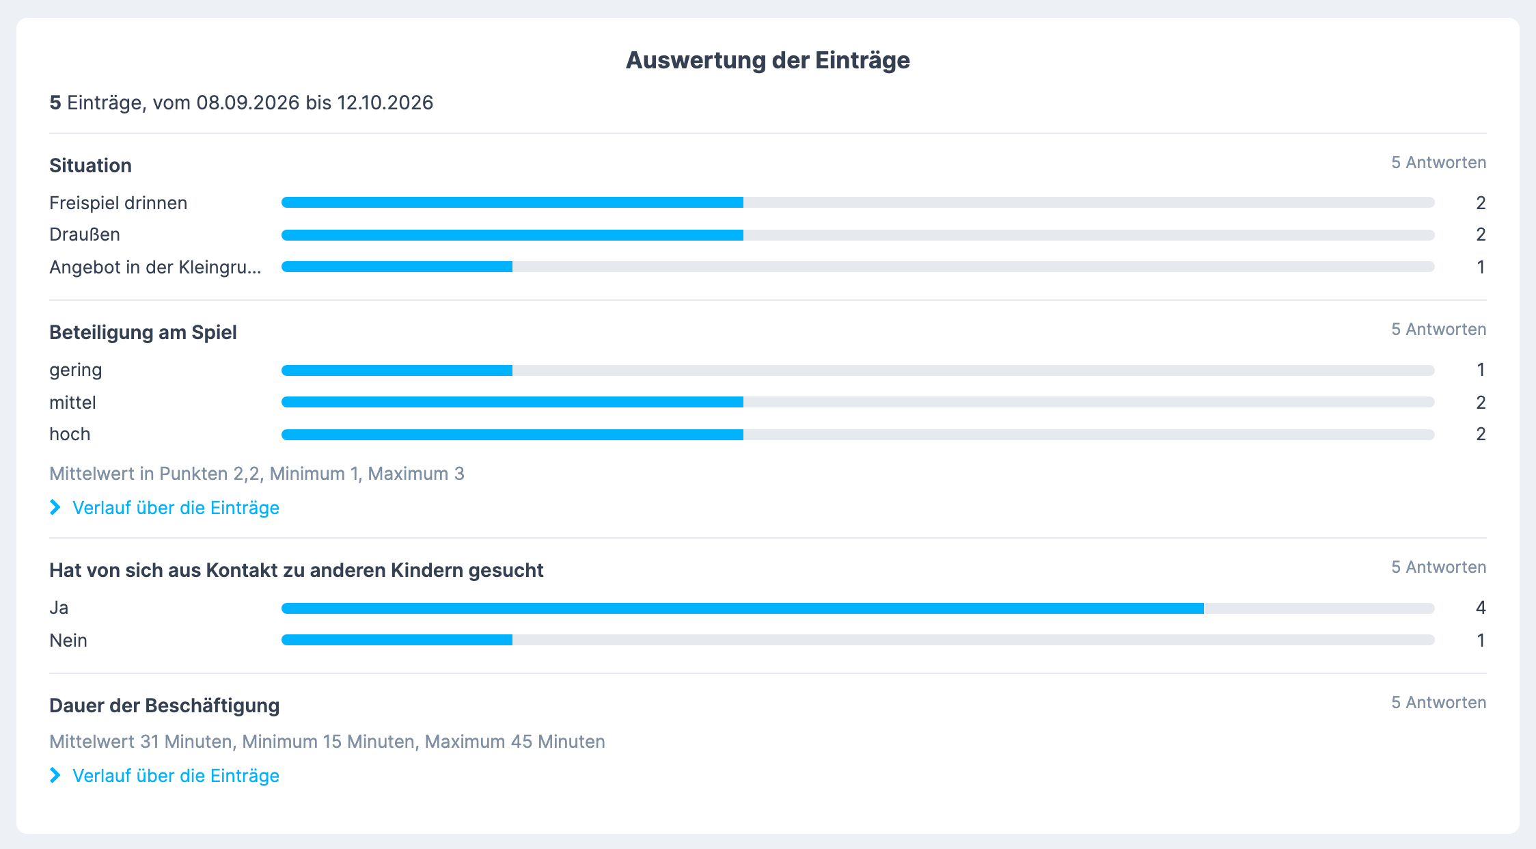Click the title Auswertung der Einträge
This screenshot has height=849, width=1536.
point(768,60)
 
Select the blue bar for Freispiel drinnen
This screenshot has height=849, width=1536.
point(512,202)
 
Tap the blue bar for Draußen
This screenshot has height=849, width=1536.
point(512,235)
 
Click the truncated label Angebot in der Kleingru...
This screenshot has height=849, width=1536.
point(155,267)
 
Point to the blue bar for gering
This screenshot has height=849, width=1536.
point(397,370)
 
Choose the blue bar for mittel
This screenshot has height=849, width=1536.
point(512,402)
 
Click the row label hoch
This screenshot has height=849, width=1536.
point(70,434)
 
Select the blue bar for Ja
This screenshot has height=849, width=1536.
point(743,608)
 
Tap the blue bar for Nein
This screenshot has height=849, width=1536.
point(397,640)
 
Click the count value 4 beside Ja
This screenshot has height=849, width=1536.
point(1481,608)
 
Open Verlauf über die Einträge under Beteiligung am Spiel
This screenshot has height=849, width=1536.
point(176,508)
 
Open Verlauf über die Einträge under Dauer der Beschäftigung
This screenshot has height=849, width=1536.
point(176,776)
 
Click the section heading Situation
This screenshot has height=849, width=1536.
point(90,165)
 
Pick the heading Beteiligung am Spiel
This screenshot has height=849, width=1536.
point(143,332)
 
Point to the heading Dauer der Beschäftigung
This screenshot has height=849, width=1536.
point(164,705)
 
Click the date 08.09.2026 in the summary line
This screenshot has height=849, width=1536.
point(248,103)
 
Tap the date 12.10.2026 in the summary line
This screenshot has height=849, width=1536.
point(385,103)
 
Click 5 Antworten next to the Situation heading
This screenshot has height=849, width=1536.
point(1439,163)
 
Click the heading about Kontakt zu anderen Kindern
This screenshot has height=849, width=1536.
point(296,570)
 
